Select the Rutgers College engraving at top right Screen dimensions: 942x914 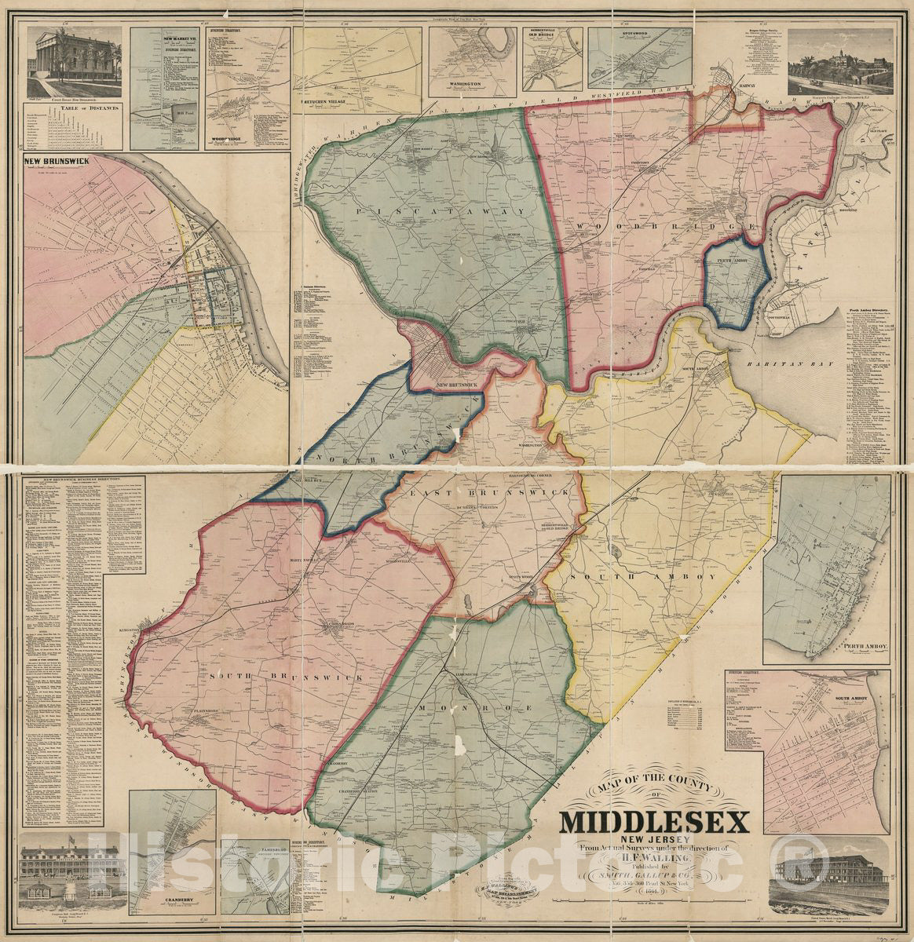tap(838, 63)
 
